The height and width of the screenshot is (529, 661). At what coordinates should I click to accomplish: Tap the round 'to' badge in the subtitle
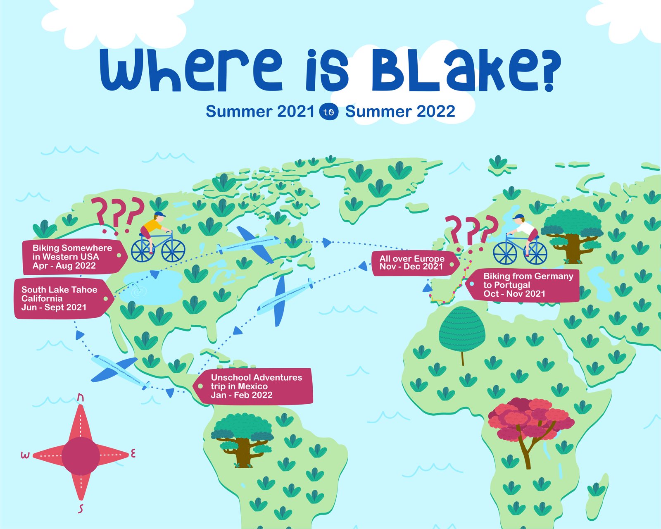[x=329, y=112]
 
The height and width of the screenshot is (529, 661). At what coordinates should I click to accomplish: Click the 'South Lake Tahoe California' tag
[x=62, y=298]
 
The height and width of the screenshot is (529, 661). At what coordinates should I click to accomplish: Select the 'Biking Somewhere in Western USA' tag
[x=72, y=257]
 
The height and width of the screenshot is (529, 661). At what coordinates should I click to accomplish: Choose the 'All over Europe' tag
[x=413, y=262]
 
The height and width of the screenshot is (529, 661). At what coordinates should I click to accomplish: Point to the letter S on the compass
[x=81, y=509]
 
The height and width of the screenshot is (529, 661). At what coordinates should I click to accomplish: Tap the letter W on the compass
[x=26, y=455]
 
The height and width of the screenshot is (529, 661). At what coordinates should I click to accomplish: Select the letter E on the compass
[x=133, y=454]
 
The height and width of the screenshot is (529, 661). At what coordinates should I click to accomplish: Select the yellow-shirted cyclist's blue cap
[x=159, y=214]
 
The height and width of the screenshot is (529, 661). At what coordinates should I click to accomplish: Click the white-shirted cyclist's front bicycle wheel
[x=505, y=253]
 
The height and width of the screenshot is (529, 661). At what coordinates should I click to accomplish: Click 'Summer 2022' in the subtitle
[x=400, y=112]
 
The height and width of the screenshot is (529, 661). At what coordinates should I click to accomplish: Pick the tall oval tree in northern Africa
[x=461, y=331]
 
